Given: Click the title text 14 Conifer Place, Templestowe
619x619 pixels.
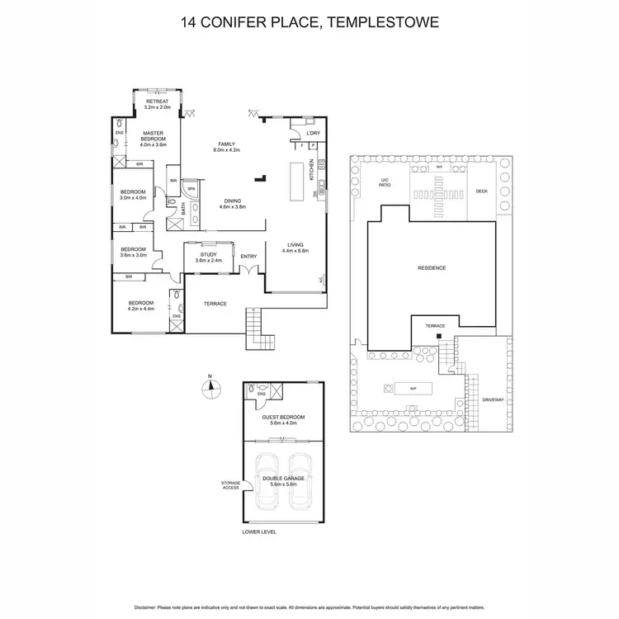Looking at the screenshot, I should [309, 22].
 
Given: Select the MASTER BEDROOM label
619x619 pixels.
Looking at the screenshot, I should [154, 136].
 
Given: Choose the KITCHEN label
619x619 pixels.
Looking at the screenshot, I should [311, 170].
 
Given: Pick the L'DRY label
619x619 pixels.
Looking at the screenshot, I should [313, 133].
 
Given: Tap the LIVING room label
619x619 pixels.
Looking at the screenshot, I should [295, 246].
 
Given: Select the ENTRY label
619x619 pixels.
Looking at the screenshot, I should [248, 256].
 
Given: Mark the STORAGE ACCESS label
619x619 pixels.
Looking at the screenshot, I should [230, 484].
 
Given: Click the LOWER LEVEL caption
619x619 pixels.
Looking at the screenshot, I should [259, 532].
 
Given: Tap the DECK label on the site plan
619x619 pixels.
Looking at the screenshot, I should [482, 191].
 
